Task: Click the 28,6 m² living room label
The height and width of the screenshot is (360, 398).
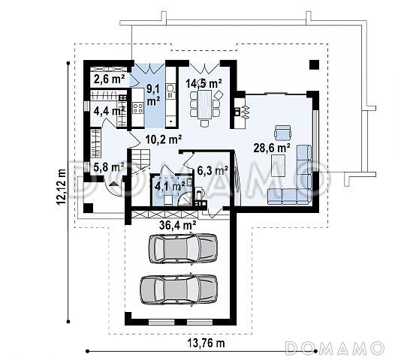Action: tap(272, 148)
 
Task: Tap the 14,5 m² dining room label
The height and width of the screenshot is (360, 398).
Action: tap(204, 83)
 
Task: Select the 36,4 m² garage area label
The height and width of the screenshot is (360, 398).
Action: tap(177, 224)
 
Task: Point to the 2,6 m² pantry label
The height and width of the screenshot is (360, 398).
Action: tap(109, 79)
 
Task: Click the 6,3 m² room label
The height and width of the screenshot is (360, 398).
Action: tap(213, 170)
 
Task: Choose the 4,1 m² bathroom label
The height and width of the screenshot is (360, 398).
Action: tap(170, 186)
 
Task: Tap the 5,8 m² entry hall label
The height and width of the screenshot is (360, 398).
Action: tap(109, 167)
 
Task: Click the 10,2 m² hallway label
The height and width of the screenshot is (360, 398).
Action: tap(164, 139)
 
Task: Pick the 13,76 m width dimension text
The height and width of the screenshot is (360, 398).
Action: tap(206, 343)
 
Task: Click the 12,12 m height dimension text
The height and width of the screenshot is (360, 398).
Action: tap(62, 186)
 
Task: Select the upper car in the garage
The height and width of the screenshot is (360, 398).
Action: tap(183, 248)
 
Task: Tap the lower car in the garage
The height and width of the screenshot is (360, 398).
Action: tap(179, 289)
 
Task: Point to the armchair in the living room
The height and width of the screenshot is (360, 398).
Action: tap(282, 133)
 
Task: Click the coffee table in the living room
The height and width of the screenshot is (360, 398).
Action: tap(279, 166)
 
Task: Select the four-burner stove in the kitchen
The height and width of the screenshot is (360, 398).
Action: tap(138, 108)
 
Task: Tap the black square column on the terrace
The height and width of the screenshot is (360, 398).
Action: tap(314, 64)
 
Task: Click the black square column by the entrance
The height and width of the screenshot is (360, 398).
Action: tap(89, 208)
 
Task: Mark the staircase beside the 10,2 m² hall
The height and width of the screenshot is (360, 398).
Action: tap(140, 162)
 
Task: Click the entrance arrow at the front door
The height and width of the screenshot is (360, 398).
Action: tap(114, 184)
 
